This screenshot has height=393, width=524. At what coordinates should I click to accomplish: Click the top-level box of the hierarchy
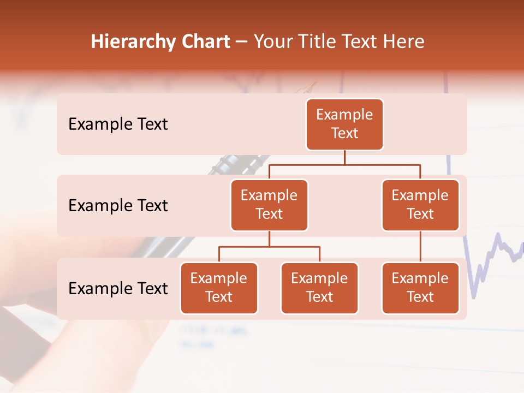point(344,124)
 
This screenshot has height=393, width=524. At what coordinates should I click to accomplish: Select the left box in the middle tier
point(269,205)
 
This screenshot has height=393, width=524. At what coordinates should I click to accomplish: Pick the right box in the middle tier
point(420,205)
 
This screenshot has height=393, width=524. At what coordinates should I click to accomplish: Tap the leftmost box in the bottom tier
point(219,288)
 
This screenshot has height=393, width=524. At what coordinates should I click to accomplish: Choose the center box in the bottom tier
point(319,288)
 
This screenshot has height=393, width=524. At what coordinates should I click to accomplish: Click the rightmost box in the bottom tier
point(420,288)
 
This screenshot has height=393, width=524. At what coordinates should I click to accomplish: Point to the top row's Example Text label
point(118,124)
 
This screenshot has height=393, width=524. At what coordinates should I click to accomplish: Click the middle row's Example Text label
point(118,206)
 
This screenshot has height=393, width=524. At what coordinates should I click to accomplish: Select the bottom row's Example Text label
point(118,289)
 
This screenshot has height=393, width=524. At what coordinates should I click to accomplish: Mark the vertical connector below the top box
point(344,157)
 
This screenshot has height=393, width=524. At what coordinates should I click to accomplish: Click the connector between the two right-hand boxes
point(420,247)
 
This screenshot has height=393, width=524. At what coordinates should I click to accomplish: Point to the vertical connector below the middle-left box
point(269,239)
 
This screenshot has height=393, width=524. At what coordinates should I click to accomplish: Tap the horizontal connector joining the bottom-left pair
point(269,247)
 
